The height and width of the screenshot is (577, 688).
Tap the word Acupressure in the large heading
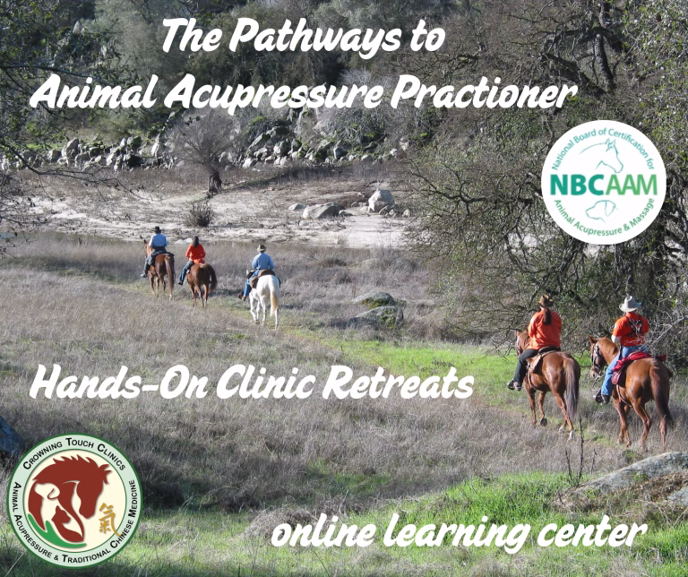click(273, 93)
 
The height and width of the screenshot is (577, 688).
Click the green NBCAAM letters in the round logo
click(604, 185)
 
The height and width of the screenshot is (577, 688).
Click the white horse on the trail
click(264, 299)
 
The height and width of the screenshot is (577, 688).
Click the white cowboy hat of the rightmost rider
click(630, 304)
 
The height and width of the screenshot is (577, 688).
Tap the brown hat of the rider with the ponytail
click(546, 301)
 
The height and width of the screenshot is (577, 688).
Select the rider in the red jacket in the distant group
click(193, 259)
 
